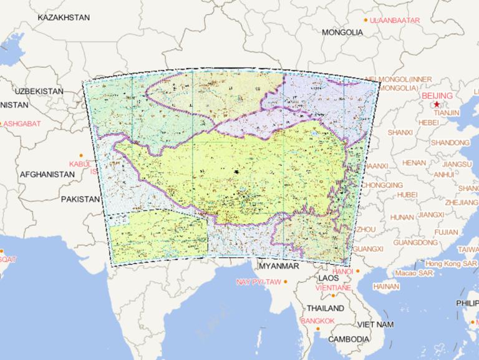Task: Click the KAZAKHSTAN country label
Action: coord(64,17)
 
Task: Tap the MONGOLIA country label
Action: coord(342,32)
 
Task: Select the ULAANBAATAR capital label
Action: coord(395,21)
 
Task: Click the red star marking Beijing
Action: coord(437,104)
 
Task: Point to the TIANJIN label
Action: coord(447,113)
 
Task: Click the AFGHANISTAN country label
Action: coord(47,175)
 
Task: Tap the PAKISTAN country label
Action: coord(80,200)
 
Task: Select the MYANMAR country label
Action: coord(279,266)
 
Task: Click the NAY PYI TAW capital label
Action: coord(258,282)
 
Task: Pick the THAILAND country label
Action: coord(325,308)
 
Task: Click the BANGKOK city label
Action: coord(317,321)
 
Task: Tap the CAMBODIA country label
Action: coord(349,339)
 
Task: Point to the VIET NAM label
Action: coord(375,324)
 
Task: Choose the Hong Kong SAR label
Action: coord(451,264)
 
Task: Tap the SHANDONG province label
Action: coord(450,143)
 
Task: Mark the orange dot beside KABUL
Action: coord(81,155)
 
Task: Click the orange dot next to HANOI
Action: coord(358,271)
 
